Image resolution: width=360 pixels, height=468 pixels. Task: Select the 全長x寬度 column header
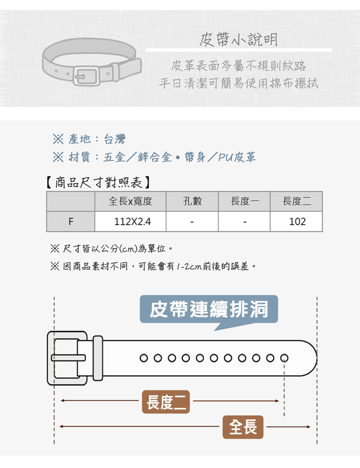click(131, 201)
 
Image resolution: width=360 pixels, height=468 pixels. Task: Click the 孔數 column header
click(192, 201)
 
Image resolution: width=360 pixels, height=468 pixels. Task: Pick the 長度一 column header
click(244, 201)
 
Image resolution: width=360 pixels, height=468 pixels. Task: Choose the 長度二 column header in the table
click(297, 201)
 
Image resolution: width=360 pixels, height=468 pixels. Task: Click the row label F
click(70, 222)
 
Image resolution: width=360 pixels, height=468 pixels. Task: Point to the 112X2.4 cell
click(131, 222)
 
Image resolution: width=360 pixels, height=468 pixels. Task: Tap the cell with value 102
click(297, 222)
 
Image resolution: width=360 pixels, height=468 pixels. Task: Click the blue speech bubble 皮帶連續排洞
click(209, 310)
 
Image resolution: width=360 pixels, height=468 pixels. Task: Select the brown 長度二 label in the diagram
click(166, 402)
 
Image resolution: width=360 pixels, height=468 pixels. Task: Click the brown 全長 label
click(243, 427)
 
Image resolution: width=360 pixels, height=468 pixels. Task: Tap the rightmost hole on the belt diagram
click(283, 358)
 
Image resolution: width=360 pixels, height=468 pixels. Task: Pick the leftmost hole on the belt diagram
click(143, 358)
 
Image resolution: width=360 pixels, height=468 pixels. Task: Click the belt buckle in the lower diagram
click(67, 358)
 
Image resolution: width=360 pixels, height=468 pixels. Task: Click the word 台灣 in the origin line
click(114, 139)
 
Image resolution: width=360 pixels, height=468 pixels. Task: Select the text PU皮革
click(237, 157)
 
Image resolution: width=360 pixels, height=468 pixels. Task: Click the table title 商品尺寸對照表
click(98, 182)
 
